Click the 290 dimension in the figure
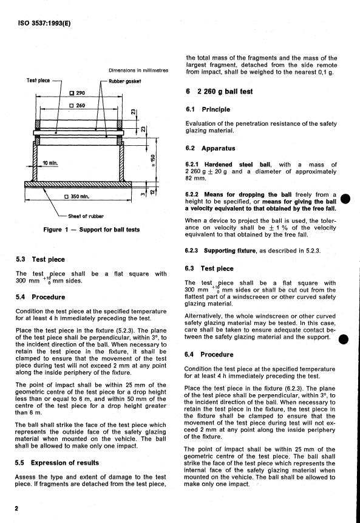(x=77, y=93)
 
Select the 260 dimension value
(x=77, y=106)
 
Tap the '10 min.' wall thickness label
(x=50, y=163)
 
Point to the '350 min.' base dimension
(x=77, y=196)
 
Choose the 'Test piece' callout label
(x=38, y=80)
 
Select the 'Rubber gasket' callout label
(x=124, y=81)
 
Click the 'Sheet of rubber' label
(x=86, y=216)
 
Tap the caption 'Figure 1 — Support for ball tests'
(x=91, y=230)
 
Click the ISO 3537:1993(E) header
(x=44, y=23)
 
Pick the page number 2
(x=16, y=508)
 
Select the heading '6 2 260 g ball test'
(x=219, y=91)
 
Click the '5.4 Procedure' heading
(x=40, y=297)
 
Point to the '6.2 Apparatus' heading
(x=210, y=148)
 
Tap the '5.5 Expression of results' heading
(x=56, y=463)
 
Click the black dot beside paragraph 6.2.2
(x=345, y=199)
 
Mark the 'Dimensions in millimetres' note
(x=138, y=70)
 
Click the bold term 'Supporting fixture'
(x=230, y=250)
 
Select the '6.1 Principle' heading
(x=208, y=109)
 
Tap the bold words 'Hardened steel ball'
(x=237, y=165)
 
